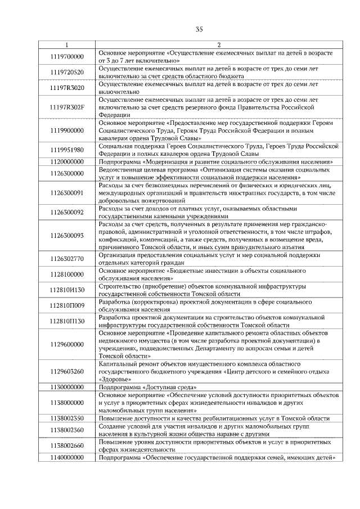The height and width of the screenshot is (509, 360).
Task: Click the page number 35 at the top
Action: (x=199, y=29)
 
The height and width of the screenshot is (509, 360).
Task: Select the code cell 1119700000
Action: (x=66, y=56)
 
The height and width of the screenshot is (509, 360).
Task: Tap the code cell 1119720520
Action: (x=66, y=73)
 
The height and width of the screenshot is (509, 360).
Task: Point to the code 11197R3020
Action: (x=66, y=88)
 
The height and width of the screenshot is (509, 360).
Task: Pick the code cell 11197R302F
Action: (x=66, y=106)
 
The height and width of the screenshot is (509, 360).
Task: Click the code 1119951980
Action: (x=66, y=150)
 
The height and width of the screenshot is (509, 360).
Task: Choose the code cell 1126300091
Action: (x=66, y=192)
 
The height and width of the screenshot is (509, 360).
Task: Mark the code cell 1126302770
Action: (x=66, y=259)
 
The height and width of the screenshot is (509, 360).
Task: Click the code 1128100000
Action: (x=66, y=274)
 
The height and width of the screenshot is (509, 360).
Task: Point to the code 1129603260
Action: (x=66, y=371)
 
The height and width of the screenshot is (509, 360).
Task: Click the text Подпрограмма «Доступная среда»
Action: (x=147, y=388)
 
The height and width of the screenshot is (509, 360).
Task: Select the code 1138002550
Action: (x=66, y=419)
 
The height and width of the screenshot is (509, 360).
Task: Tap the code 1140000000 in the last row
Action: (x=66, y=458)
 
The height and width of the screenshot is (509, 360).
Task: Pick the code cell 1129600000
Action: (x=66, y=344)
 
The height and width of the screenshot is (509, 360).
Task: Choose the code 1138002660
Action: (x=66, y=446)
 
